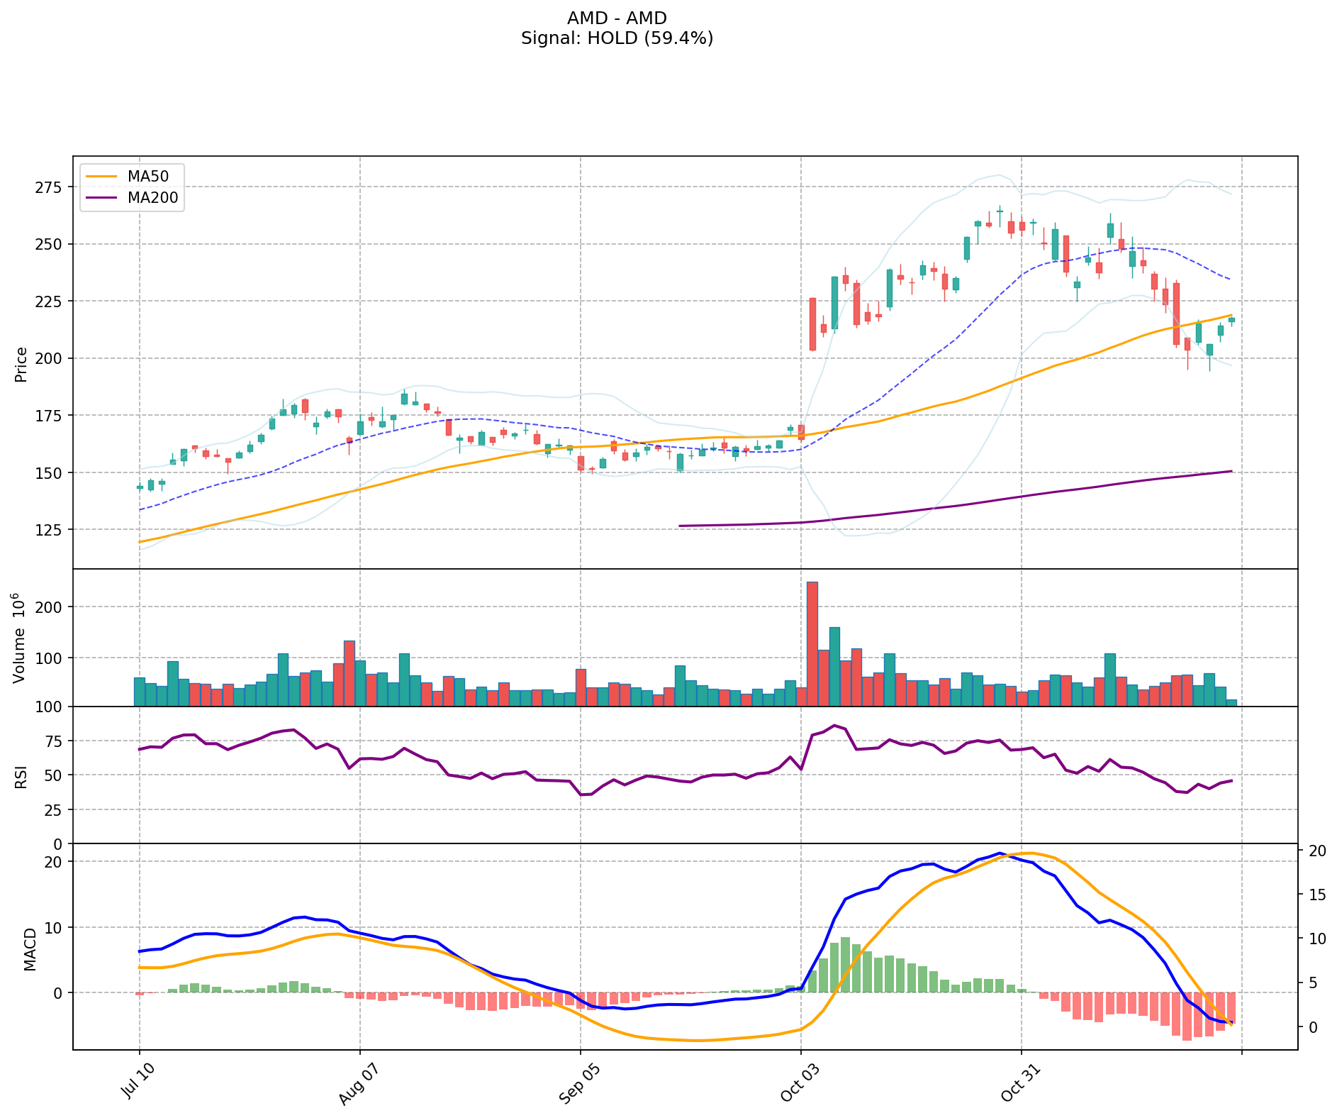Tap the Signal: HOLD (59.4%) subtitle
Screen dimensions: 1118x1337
coord(617,38)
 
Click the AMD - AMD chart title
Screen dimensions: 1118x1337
coord(617,18)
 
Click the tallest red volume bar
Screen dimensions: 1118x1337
coord(812,643)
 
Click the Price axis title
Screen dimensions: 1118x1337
coord(21,364)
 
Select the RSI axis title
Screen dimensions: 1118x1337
coord(21,776)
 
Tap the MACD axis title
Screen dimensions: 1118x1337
coord(30,948)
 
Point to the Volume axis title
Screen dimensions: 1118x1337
coord(20,638)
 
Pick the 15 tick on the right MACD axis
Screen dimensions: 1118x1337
coord(1316,895)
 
